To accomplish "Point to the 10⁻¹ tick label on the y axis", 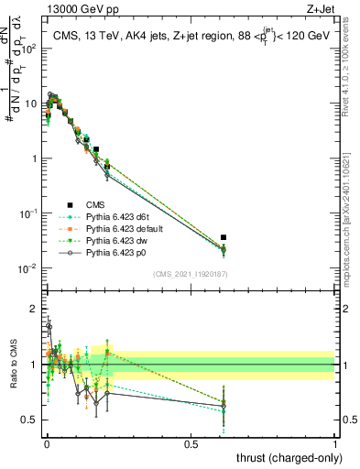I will coord(28,213).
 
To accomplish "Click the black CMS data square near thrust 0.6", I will coord(224,237).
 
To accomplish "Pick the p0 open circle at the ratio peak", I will coord(49,326).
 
